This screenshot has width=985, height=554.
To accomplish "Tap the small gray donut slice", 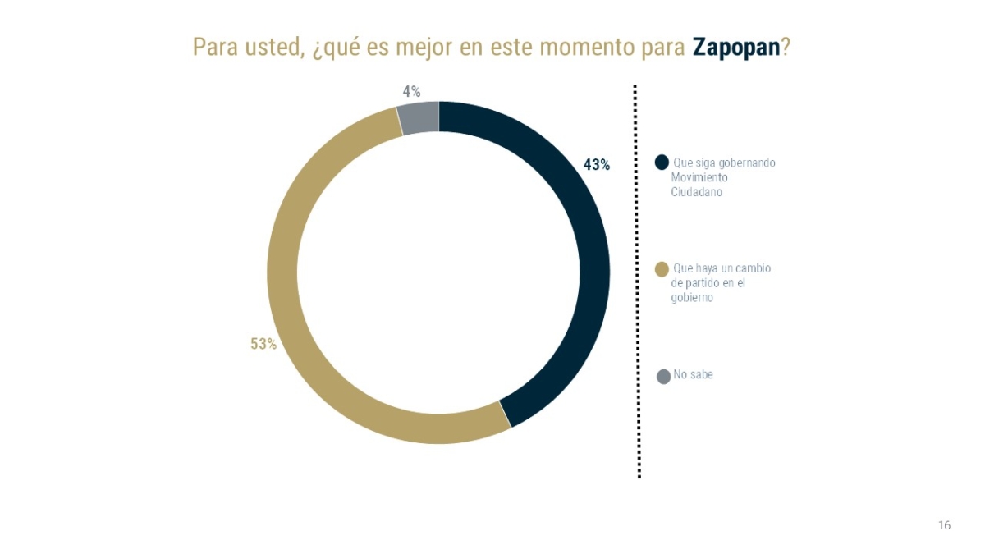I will (419, 118).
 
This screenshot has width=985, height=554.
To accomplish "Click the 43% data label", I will (597, 165).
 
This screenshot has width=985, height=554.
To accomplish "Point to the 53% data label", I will (263, 345).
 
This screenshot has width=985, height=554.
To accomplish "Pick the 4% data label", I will (411, 92).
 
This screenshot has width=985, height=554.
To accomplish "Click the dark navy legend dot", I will (662, 163).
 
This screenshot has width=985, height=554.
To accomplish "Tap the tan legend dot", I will (662, 269).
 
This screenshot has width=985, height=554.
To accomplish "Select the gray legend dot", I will (664, 377).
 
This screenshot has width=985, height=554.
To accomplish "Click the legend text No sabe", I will (694, 375).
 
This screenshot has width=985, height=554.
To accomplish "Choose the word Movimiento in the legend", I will (699, 177).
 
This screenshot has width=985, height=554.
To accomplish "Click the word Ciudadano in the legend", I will (697, 192).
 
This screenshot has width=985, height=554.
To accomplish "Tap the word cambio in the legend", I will (753, 268).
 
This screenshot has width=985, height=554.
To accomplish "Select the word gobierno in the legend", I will (692, 298).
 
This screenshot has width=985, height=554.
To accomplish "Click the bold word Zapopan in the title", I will (735, 47).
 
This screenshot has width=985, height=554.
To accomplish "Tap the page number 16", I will (944, 525).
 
